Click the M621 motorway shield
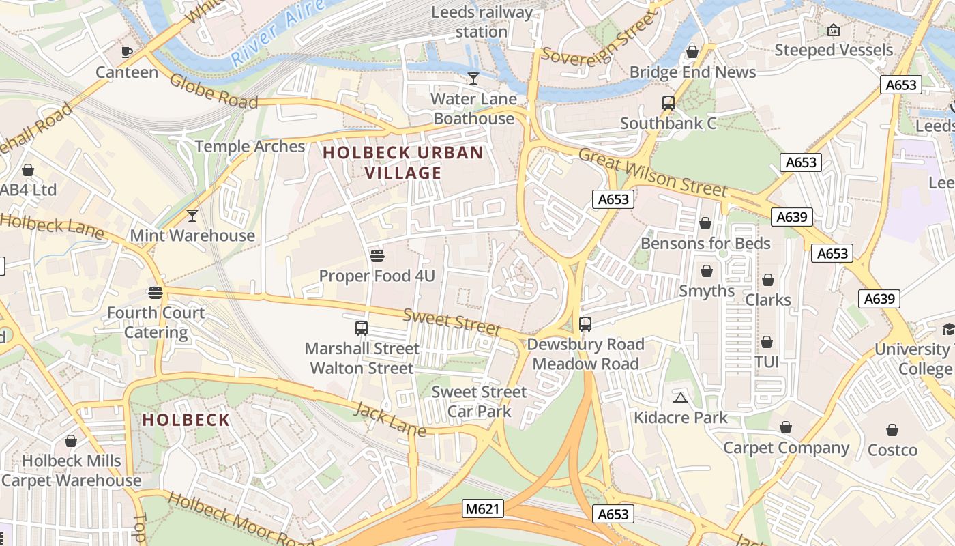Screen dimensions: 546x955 tap(482, 508)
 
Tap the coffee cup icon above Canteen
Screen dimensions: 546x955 tap(127, 52)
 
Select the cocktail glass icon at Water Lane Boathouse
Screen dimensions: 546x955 tap(473, 78)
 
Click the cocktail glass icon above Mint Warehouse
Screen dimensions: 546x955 tap(192, 216)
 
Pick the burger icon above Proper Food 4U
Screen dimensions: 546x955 tap(377, 256)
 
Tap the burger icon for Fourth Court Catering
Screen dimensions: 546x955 tap(156, 293)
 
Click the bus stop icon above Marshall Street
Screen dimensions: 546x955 tap(362, 328)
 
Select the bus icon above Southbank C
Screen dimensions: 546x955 tap(668, 103)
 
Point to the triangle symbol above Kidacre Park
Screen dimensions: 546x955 tap(680, 398)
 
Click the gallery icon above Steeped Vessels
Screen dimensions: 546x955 tap(833, 30)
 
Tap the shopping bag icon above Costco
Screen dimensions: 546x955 tap(892, 430)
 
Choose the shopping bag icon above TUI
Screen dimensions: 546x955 tap(767, 342)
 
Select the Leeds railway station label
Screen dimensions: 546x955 tap(482, 22)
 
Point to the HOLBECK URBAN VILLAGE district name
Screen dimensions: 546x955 tap(403, 162)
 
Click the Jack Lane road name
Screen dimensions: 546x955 tap(390, 419)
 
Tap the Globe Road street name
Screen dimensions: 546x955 tap(214, 91)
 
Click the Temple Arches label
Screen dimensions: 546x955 tap(250, 146)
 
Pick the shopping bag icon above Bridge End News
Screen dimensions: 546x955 tap(692, 52)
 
